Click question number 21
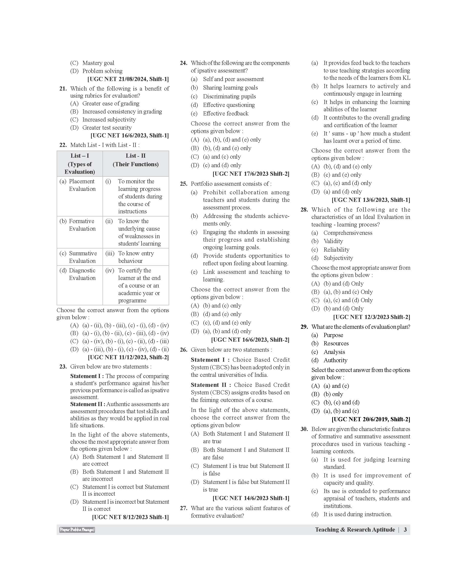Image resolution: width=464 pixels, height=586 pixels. pyautogui.click(x=63, y=89)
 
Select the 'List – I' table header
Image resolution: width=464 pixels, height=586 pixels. pyautogui.click(x=80, y=156)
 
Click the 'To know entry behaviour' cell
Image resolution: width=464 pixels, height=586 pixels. pyautogui.click(x=136, y=257)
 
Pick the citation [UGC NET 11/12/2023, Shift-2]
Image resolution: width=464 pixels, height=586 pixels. pyautogui.click(x=128, y=357)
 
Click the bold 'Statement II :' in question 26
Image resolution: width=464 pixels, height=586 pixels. pyautogui.click(x=211, y=385)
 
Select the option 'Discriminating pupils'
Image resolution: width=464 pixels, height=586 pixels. pyautogui.click(x=229, y=96)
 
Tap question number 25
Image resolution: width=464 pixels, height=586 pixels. pyautogui.click(x=184, y=184)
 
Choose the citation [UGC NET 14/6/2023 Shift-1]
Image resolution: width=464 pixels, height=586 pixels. pyautogui.click(x=251, y=498)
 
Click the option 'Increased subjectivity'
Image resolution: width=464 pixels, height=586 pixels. pyautogui.click(x=109, y=120)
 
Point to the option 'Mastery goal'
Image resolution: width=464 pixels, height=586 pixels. pyautogui.click(x=98, y=63)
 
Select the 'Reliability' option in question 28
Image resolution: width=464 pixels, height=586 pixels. pyautogui.click(x=336, y=250)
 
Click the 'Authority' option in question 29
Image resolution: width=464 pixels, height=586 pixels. pyautogui.click(x=335, y=360)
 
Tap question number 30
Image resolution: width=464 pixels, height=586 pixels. pyautogui.click(x=304, y=429)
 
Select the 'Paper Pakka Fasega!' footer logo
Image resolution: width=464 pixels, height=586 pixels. pyautogui.click(x=77, y=530)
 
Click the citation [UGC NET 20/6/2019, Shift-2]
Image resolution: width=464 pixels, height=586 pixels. pyautogui.click(x=371, y=419)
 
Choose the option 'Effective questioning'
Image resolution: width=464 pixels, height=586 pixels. pyautogui.click(x=229, y=105)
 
